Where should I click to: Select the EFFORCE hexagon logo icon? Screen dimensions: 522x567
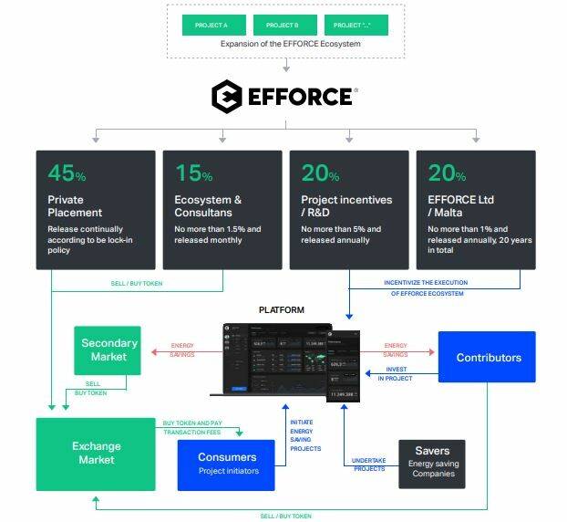[227, 97]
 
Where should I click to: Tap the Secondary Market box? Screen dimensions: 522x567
[108, 350]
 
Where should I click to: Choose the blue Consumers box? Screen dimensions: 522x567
[227, 463]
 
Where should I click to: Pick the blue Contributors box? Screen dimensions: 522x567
[487, 358]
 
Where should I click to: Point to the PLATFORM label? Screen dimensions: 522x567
[281, 310]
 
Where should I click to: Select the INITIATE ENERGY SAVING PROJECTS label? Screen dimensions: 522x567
[305, 436]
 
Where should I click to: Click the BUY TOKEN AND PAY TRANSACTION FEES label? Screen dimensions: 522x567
[191, 426]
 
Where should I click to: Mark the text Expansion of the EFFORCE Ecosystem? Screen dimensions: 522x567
[284, 44]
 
